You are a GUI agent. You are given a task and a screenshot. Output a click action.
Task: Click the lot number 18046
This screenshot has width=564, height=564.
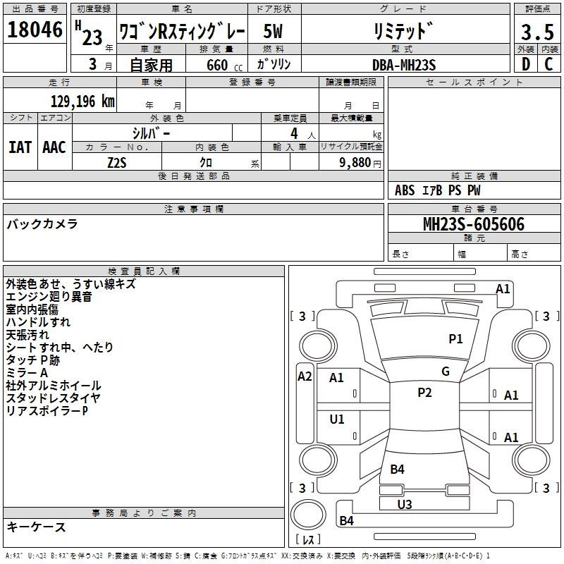pyautogui.click(x=35, y=30)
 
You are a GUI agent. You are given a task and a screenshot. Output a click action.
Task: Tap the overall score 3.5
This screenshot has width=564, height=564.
pyautogui.click(x=537, y=32)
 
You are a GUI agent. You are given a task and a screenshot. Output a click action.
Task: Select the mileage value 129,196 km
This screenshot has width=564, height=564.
pyautogui.click(x=82, y=102)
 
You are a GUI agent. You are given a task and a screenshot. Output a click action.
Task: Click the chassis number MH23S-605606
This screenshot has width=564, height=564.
pyautogui.click(x=474, y=224)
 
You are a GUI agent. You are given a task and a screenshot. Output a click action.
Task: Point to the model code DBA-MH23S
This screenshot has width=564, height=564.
pyautogui.click(x=404, y=65)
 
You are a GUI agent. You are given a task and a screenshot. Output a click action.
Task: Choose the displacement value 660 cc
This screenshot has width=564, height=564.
pyautogui.click(x=224, y=65)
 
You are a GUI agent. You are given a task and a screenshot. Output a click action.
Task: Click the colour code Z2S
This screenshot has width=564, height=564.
pyautogui.click(x=117, y=163)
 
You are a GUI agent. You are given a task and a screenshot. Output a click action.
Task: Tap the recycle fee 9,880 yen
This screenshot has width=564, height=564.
pyautogui.click(x=360, y=163)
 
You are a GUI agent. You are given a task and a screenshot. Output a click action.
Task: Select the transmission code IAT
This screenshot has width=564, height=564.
pyautogui.click(x=20, y=147)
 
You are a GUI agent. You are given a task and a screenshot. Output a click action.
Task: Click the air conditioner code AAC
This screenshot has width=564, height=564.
pyautogui.click(x=54, y=147)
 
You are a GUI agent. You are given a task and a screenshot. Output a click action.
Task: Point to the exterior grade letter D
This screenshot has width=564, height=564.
pyautogui.click(x=526, y=64)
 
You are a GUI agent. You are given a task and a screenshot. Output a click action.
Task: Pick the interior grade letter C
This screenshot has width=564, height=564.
pyautogui.click(x=548, y=64)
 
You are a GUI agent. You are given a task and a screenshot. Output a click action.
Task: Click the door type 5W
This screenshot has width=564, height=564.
pyautogui.click(x=273, y=31)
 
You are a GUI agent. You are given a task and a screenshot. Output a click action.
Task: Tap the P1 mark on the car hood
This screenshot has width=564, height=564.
pyautogui.click(x=455, y=338)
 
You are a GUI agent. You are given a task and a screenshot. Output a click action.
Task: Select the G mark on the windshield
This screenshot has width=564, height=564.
pyautogui.click(x=446, y=372)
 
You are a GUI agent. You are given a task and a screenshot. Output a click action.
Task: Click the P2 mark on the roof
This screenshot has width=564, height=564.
pyautogui.click(x=424, y=392)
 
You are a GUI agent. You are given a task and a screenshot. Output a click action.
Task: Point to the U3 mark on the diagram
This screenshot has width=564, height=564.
pyautogui.click(x=405, y=504)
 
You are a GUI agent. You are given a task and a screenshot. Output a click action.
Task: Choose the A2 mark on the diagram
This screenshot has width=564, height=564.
pyautogui.click(x=305, y=376)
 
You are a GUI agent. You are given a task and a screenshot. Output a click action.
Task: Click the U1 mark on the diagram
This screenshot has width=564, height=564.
pyautogui.click(x=337, y=419)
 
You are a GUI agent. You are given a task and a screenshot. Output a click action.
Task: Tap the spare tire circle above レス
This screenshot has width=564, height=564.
pyautogui.click(x=308, y=514)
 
